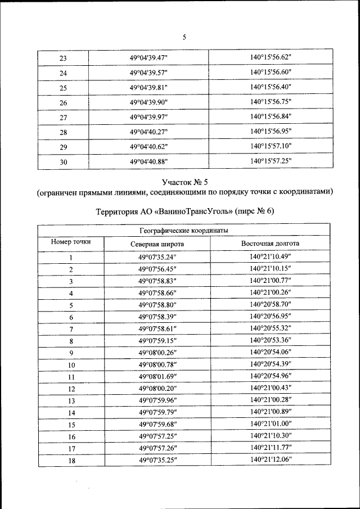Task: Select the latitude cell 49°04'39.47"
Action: click(149, 58)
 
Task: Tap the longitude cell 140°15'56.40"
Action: click(270, 87)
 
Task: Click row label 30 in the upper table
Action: click(63, 161)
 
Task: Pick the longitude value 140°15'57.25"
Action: click(270, 160)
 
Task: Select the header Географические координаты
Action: click(183, 231)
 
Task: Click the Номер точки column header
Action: click(71, 242)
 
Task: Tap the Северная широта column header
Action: click(157, 244)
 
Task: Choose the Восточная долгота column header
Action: click(270, 244)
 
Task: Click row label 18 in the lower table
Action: click(71, 460)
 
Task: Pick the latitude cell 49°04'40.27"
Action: click(149, 132)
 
